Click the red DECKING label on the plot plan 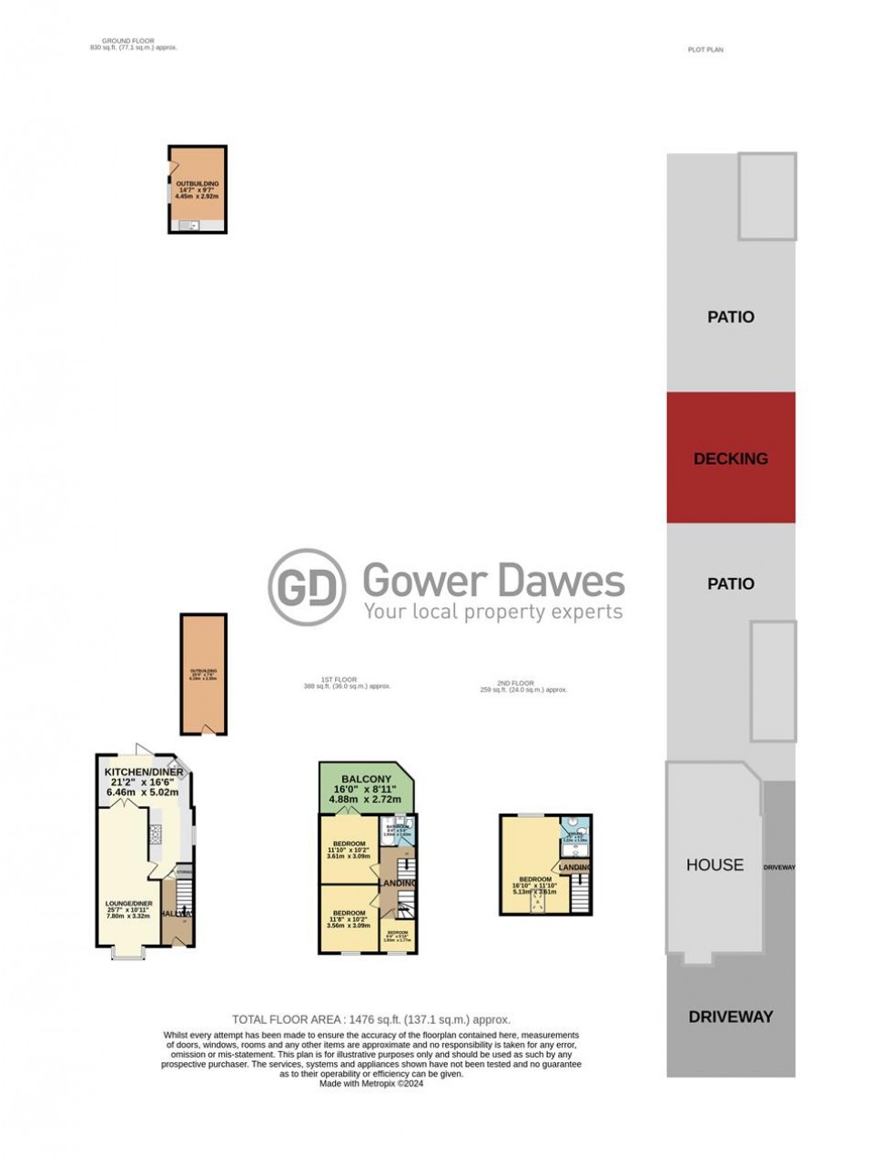click(x=730, y=459)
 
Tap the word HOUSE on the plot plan click(x=715, y=865)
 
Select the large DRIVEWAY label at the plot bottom click(x=730, y=1017)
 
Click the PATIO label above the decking click(x=730, y=317)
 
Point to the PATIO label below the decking click(x=730, y=583)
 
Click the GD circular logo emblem click(x=307, y=587)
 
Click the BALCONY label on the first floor click(x=366, y=779)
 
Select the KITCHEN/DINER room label click(x=144, y=772)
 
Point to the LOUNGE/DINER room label click(x=128, y=904)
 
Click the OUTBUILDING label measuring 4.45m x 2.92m click(x=198, y=184)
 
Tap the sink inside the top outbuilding click(x=192, y=225)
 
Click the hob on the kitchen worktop click(x=155, y=834)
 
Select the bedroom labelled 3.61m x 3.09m click(x=350, y=844)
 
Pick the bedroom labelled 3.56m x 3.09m click(x=350, y=913)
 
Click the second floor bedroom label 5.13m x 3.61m click(x=535, y=879)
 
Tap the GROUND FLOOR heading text click(x=128, y=41)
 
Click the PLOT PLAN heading click(x=705, y=50)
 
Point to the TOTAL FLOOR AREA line click(x=371, y=1019)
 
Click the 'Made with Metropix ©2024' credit click(x=371, y=1083)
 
